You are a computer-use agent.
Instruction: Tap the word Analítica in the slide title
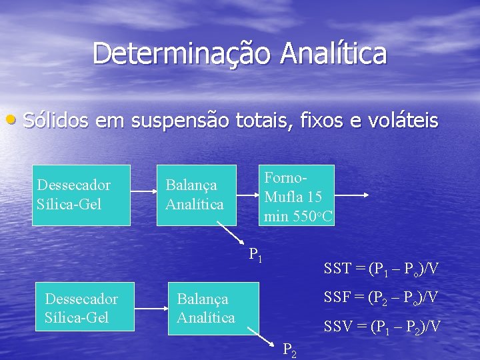333,54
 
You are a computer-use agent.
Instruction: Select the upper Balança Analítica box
197,195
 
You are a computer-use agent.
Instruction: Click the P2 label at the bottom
290,349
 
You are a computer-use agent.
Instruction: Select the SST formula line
381,269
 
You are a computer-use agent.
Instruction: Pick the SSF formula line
381,297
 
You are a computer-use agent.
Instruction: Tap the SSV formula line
381,326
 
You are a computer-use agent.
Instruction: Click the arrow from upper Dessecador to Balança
143,195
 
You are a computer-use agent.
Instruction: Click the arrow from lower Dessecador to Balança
152,309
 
